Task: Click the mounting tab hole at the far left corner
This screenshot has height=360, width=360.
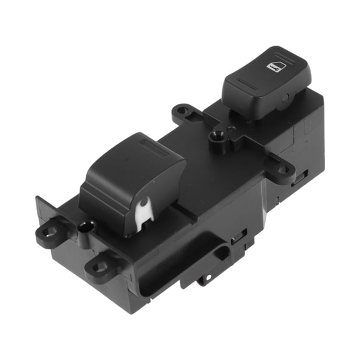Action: click(x=49, y=232)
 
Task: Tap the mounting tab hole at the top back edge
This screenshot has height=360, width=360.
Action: click(x=182, y=111)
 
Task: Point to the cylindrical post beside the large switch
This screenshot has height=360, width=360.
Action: click(x=86, y=226)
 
